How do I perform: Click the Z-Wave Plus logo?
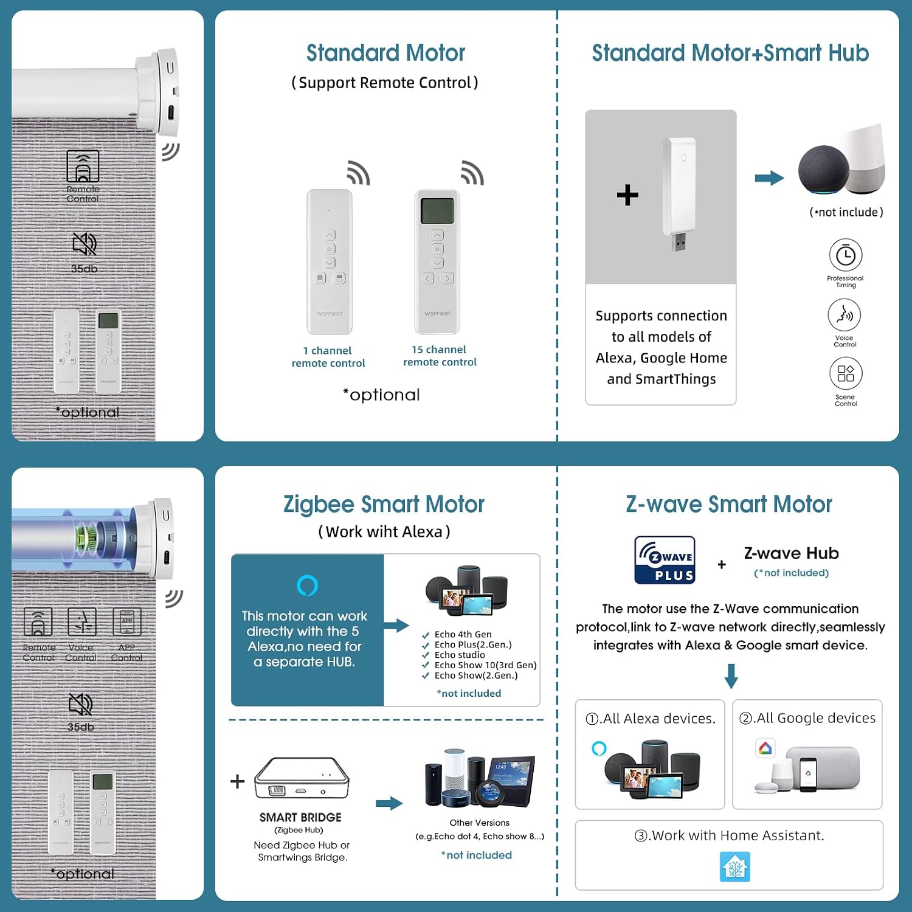[665, 560]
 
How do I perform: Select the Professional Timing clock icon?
[845, 255]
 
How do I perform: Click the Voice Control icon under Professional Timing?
[845, 315]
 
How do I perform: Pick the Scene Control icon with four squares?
[846, 373]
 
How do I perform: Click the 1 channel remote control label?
[328, 357]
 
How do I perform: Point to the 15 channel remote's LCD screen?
[437, 210]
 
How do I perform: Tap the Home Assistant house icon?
[735, 866]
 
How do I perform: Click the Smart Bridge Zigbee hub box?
[302, 778]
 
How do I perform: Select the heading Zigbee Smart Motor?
[384, 504]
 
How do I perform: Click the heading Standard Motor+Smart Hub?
[730, 53]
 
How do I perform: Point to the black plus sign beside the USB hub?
[627, 195]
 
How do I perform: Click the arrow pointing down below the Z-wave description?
[731, 675]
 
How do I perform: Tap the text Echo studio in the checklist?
[460, 655]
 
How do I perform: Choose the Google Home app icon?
[765, 748]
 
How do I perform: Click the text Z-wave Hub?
[792, 553]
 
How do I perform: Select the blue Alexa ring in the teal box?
[307, 586]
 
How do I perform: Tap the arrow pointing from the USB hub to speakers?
[769, 178]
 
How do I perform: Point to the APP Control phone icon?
[126, 622]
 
